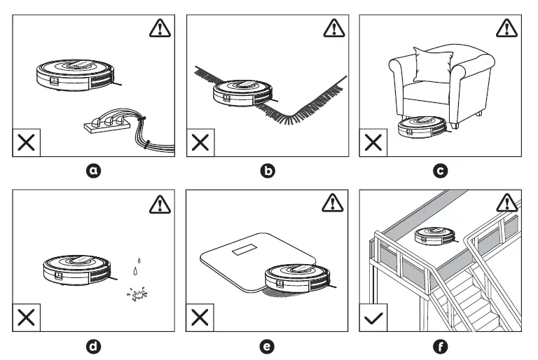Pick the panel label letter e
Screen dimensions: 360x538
coord(269,346)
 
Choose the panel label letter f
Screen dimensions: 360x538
coord(441,346)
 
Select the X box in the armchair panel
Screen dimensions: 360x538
coord(374,142)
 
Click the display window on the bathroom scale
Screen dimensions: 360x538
coord(247,250)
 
